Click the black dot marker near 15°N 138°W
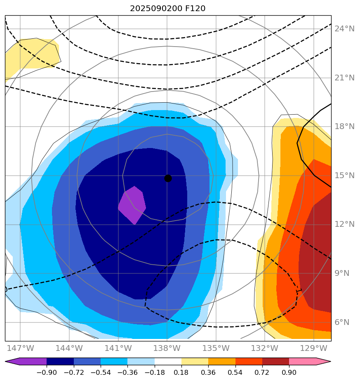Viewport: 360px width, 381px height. (x=168, y=178)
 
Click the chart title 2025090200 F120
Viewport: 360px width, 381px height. (x=167, y=8)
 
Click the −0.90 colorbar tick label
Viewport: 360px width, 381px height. (x=46, y=373)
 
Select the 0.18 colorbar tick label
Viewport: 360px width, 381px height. (x=181, y=373)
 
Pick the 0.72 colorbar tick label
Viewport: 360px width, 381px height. (x=262, y=373)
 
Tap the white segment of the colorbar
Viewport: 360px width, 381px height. (x=168, y=362)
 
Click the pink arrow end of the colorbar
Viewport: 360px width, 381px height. (x=323, y=362)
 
